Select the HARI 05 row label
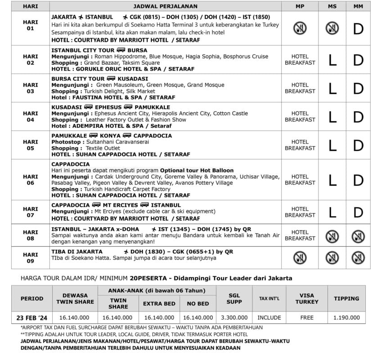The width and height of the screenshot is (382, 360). [x=31, y=145]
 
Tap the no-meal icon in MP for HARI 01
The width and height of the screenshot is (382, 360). [x=300, y=28]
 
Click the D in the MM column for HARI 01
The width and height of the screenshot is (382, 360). [x=358, y=28]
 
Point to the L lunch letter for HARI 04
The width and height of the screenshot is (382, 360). [x=332, y=117]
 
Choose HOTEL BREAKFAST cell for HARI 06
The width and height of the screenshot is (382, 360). [x=300, y=180]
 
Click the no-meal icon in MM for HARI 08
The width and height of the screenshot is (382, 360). [x=358, y=236]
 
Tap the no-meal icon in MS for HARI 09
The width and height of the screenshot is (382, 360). [x=332, y=258]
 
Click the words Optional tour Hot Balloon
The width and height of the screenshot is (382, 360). [x=197, y=171]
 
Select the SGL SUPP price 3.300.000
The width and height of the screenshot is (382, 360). [x=234, y=318]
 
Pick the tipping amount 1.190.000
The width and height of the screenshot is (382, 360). [x=346, y=318]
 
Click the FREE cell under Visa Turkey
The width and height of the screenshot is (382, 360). [x=307, y=318]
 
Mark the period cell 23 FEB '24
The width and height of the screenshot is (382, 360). [x=32, y=318]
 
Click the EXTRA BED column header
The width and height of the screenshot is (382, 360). [x=159, y=304]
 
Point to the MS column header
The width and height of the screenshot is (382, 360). [x=332, y=6]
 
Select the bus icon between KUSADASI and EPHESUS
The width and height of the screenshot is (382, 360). [x=89, y=107]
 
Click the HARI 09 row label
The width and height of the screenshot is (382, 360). [x=31, y=258]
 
